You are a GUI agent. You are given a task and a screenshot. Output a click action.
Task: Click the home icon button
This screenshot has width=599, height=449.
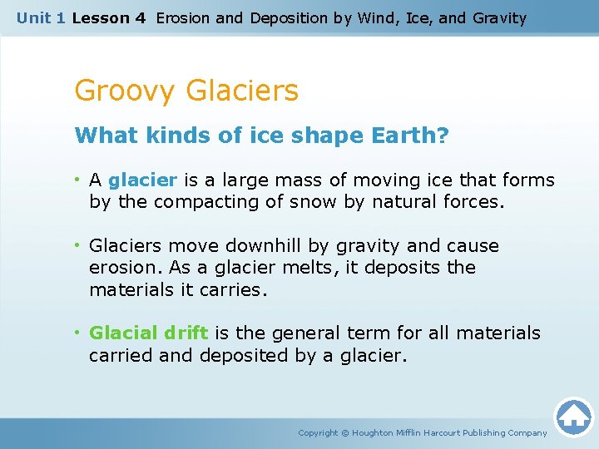click(573, 417)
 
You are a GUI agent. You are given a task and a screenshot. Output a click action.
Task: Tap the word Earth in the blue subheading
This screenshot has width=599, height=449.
click(399, 136)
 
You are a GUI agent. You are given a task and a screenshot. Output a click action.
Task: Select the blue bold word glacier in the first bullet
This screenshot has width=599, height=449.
click(142, 180)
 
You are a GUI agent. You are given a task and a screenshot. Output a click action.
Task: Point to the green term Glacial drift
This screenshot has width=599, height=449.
click(148, 333)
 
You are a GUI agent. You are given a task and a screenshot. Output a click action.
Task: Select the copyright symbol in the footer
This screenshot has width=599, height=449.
click(345, 432)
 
